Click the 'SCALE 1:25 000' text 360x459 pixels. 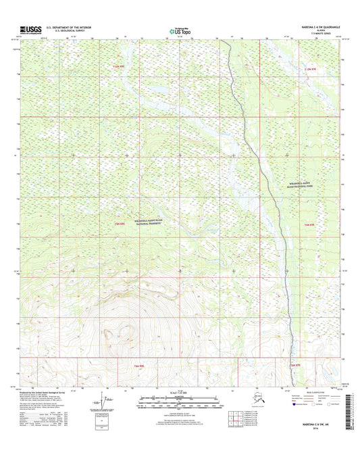point(179,391)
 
